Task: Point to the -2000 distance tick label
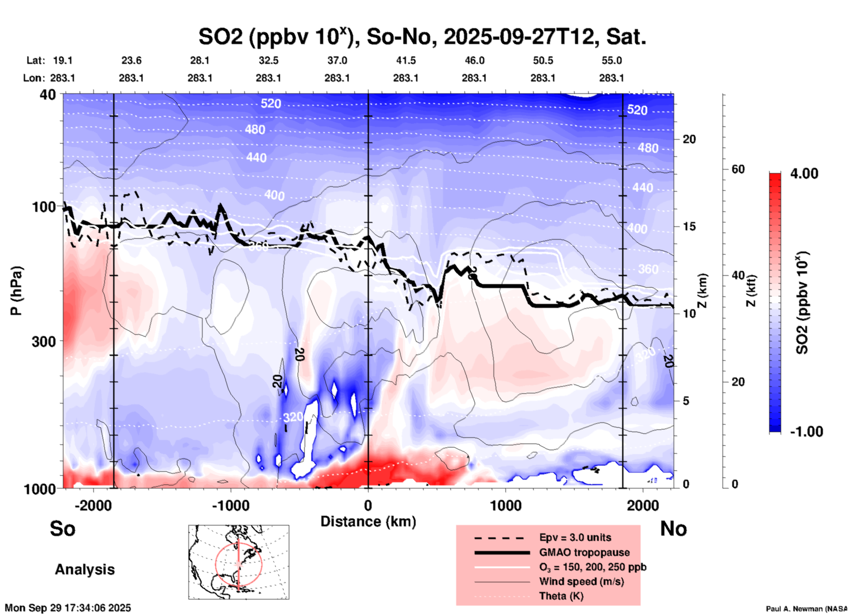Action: (93, 506)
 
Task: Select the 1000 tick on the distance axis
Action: (505, 506)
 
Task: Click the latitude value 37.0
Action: (337, 60)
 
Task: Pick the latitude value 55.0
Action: (611, 60)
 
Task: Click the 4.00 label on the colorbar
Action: (804, 174)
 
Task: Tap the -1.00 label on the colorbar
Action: (806, 432)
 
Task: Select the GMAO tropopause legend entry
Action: (584, 552)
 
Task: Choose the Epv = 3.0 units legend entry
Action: (575, 537)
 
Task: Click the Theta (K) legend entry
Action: (561, 596)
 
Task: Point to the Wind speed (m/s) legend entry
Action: (581, 581)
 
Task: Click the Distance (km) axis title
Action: (368, 522)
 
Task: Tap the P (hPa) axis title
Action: (16, 291)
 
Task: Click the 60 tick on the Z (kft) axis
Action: (738, 170)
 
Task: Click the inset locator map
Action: (239, 562)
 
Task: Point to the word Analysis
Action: (85, 570)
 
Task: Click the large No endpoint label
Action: (673, 529)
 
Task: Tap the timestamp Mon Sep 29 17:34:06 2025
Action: (68, 608)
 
